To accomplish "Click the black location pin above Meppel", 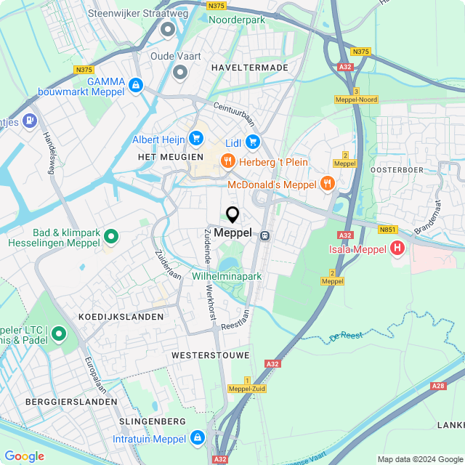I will click(x=232, y=215).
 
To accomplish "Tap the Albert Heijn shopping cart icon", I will click(x=195, y=137).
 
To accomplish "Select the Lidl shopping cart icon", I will click(x=253, y=141).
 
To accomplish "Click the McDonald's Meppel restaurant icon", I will click(x=327, y=183).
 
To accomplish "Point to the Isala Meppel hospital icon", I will click(x=397, y=249).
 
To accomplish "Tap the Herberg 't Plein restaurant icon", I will click(x=228, y=161).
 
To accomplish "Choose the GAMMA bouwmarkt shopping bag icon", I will click(x=134, y=86).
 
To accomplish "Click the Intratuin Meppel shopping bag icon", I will click(x=197, y=438).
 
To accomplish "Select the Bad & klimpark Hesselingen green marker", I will click(x=111, y=236).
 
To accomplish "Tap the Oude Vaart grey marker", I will click(x=180, y=72).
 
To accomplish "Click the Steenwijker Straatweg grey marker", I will click(x=169, y=29).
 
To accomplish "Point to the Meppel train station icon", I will click(x=265, y=235).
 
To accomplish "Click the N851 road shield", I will click(x=388, y=229).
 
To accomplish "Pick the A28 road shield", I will click(x=438, y=387).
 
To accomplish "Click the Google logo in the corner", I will click(x=24, y=456).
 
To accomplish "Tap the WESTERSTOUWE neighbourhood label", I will click(x=210, y=355).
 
